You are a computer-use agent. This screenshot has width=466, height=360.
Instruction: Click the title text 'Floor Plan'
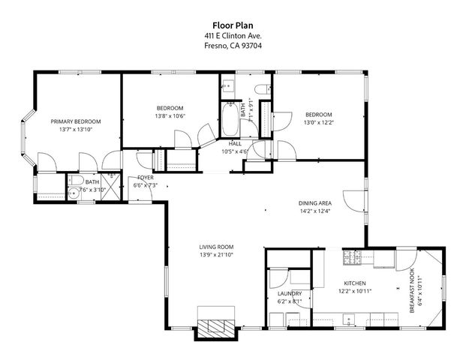click(233, 25)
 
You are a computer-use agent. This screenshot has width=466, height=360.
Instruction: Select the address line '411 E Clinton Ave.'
click(233, 35)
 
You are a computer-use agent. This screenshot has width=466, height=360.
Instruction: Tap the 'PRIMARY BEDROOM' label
click(76, 121)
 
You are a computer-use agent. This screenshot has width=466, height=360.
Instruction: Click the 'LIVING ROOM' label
click(216, 247)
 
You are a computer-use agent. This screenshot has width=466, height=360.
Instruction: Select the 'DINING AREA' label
click(315, 202)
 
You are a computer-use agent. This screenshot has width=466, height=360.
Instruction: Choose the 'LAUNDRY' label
click(290, 293)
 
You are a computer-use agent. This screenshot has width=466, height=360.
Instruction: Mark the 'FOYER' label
click(145, 177)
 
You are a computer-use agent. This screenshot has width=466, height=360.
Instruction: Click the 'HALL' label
click(234, 143)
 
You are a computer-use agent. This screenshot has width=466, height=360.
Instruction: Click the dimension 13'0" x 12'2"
click(317, 122)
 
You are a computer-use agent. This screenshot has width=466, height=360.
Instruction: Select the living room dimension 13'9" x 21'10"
click(216, 255)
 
